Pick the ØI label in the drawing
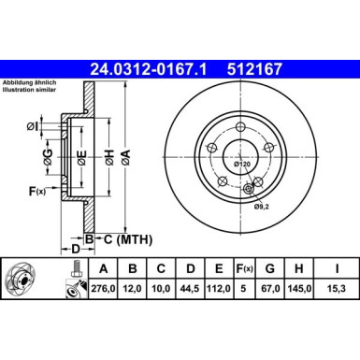tap(32, 125)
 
